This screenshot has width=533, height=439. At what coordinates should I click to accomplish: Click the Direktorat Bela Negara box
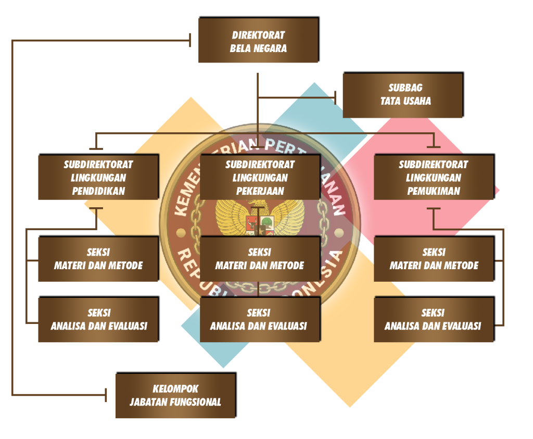click(259, 40)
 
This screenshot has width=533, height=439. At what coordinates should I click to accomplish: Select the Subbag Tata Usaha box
click(403, 95)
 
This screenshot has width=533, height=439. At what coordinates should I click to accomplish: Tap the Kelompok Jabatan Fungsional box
click(176, 395)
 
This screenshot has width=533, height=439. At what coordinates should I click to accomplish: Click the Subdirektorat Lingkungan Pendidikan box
click(98, 177)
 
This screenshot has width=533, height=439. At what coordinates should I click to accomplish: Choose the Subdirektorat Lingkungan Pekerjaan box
click(260, 177)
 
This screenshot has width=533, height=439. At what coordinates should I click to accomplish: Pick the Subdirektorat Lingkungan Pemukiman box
click(434, 177)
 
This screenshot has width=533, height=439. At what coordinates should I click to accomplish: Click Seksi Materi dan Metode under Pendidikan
click(98, 259)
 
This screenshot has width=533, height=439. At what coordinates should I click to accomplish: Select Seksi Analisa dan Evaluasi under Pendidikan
click(98, 319)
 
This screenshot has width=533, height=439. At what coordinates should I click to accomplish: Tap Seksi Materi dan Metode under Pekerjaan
click(260, 259)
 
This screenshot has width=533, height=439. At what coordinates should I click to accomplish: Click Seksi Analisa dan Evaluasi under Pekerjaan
click(260, 319)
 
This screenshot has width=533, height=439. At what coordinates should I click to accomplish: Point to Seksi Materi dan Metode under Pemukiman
click(434, 259)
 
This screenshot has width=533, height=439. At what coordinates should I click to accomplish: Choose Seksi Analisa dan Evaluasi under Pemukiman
click(434, 319)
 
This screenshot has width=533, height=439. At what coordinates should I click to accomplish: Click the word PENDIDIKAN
click(98, 191)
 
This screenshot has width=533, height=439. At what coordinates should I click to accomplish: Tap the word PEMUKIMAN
click(434, 191)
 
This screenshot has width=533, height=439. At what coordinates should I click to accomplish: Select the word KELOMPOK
click(175, 388)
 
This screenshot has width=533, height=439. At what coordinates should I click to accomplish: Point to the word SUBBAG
click(405, 87)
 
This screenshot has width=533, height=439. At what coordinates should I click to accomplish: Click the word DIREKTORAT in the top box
click(258, 35)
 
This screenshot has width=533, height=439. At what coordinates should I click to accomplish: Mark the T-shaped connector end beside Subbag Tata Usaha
click(336, 98)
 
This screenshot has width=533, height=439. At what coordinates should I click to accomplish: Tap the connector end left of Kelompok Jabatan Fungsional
click(106, 395)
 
